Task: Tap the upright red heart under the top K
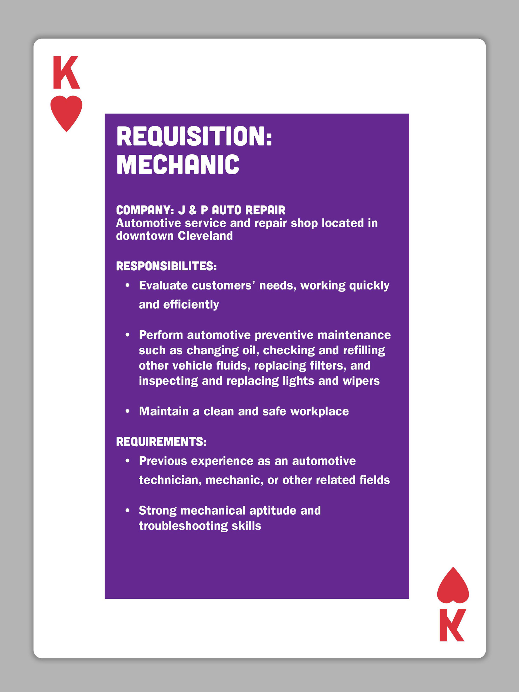[x=66, y=112]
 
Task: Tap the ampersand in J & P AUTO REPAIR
[x=193, y=210]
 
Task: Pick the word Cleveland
[x=205, y=236]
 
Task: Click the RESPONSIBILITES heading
[x=166, y=266]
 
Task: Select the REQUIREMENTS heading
[x=161, y=442]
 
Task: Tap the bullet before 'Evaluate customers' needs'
[x=127, y=285]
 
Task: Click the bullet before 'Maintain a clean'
[x=127, y=411]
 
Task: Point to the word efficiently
[x=191, y=305]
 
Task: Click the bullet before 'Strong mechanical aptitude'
[x=127, y=511]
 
